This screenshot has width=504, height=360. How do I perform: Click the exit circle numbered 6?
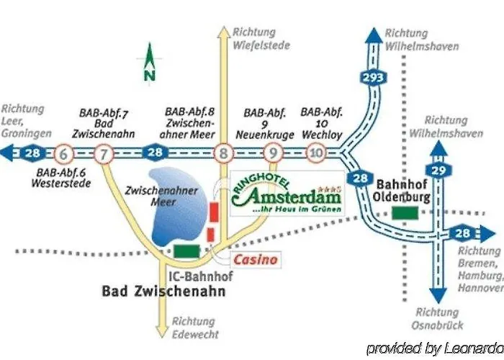click(63, 153)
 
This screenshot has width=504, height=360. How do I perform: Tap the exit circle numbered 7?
click(104, 153)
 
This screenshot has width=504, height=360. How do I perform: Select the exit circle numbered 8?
click(223, 153)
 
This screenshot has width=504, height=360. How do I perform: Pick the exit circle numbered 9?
click(272, 153)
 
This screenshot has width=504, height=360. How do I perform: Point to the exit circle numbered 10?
click(315, 153)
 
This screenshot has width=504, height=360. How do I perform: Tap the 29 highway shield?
click(437, 169)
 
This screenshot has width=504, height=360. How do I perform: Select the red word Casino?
click(254, 259)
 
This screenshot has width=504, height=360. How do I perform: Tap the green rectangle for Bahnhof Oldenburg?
click(405, 213)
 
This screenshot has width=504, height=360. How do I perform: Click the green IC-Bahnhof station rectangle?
click(187, 250)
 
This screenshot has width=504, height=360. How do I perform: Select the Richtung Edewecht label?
click(193, 328)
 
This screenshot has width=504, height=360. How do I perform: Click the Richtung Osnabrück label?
click(437, 319)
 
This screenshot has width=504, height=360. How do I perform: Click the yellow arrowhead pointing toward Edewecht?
click(166, 332)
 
